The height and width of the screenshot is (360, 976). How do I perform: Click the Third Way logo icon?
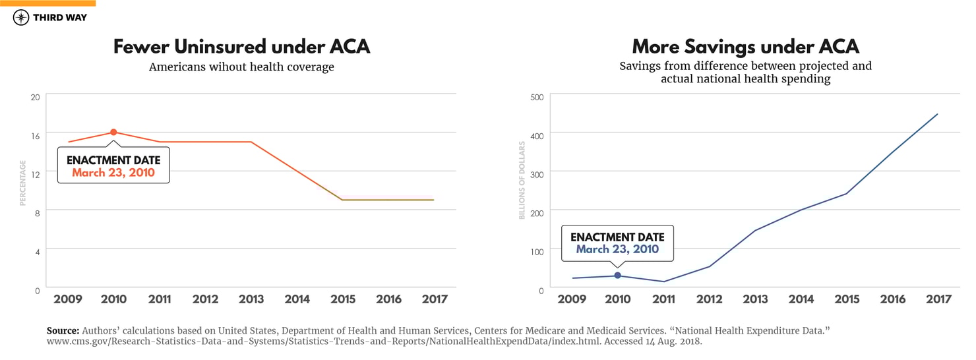click(x=21, y=18)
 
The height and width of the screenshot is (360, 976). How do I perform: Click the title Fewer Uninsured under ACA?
click(x=241, y=47)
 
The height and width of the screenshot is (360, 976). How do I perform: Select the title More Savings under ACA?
click(x=745, y=47)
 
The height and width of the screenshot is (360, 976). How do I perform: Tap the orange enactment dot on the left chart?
click(x=113, y=133)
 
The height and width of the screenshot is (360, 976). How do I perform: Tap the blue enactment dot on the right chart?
click(x=617, y=276)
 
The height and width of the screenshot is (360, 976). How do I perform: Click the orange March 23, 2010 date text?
click(x=113, y=173)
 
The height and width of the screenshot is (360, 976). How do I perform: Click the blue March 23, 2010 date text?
click(x=617, y=249)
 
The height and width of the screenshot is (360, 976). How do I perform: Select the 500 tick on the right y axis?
click(x=537, y=97)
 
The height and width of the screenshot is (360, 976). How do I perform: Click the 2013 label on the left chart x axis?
click(x=251, y=299)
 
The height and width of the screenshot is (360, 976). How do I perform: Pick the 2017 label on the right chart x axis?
click(x=938, y=299)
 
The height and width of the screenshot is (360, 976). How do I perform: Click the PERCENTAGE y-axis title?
click(x=22, y=183)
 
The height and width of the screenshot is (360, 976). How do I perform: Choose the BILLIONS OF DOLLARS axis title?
click(x=522, y=180)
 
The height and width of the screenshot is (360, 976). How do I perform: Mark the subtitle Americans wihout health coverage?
click(x=241, y=67)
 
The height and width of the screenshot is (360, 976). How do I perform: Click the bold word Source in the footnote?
click(x=62, y=330)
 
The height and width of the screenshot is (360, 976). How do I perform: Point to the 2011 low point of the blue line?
click(x=663, y=282)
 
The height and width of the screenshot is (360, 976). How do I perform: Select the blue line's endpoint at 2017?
click(x=937, y=114)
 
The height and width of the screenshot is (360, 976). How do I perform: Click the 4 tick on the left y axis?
click(x=37, y=251)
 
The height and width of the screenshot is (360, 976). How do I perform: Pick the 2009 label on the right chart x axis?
click(x=572, y=299)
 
